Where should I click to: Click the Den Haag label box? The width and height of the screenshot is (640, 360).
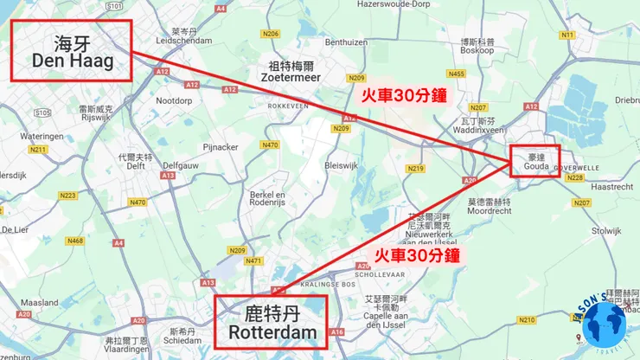[x=71, y=50]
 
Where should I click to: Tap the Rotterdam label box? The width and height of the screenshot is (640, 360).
[x=272, y=320]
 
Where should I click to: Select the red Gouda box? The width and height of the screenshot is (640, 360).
[x=534, y=160]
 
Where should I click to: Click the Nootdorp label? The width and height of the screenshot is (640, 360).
[x=174, y=100]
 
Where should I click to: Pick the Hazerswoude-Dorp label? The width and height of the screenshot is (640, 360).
[x=393, y=4]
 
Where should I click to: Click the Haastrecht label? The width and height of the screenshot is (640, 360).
[x=611, y=186]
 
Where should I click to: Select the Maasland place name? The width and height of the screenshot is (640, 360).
[x=38, y=302]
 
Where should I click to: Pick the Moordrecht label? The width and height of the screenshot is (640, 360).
[x=489, y=210]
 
